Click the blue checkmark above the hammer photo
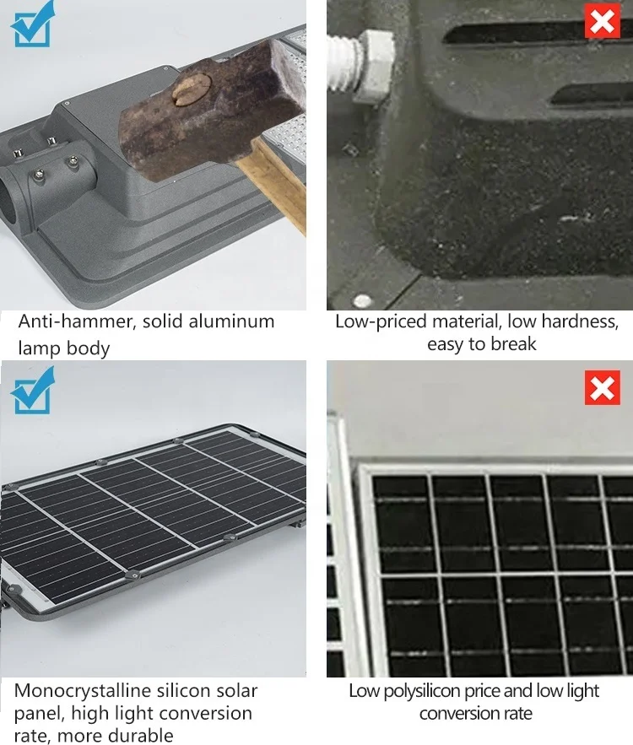32,24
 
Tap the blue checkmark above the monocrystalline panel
32,391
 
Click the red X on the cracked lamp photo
602,20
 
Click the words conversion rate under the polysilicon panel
476,714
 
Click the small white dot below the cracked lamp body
363,300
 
